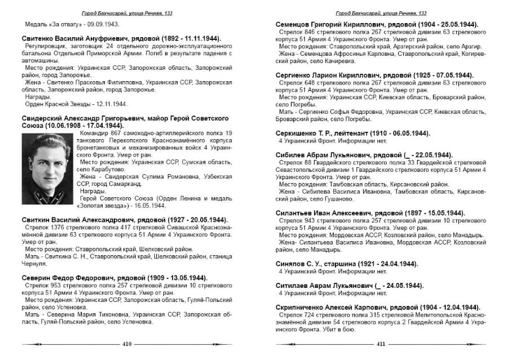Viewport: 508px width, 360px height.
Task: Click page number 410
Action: pyautogui.click(x=127, y=344)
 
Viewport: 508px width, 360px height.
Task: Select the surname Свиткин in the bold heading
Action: pyautogui.click(x=38, y=219)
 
